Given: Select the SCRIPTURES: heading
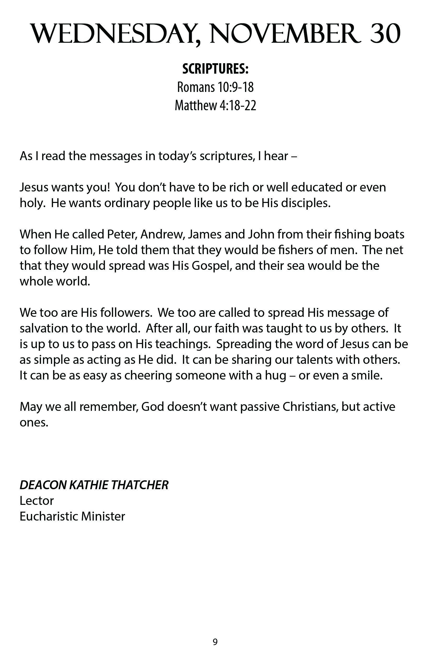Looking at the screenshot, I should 215,69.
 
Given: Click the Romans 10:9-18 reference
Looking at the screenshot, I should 215,87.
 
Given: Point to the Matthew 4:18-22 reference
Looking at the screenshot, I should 215,106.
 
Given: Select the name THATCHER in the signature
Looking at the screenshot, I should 140,485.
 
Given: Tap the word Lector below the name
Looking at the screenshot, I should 37,501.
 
